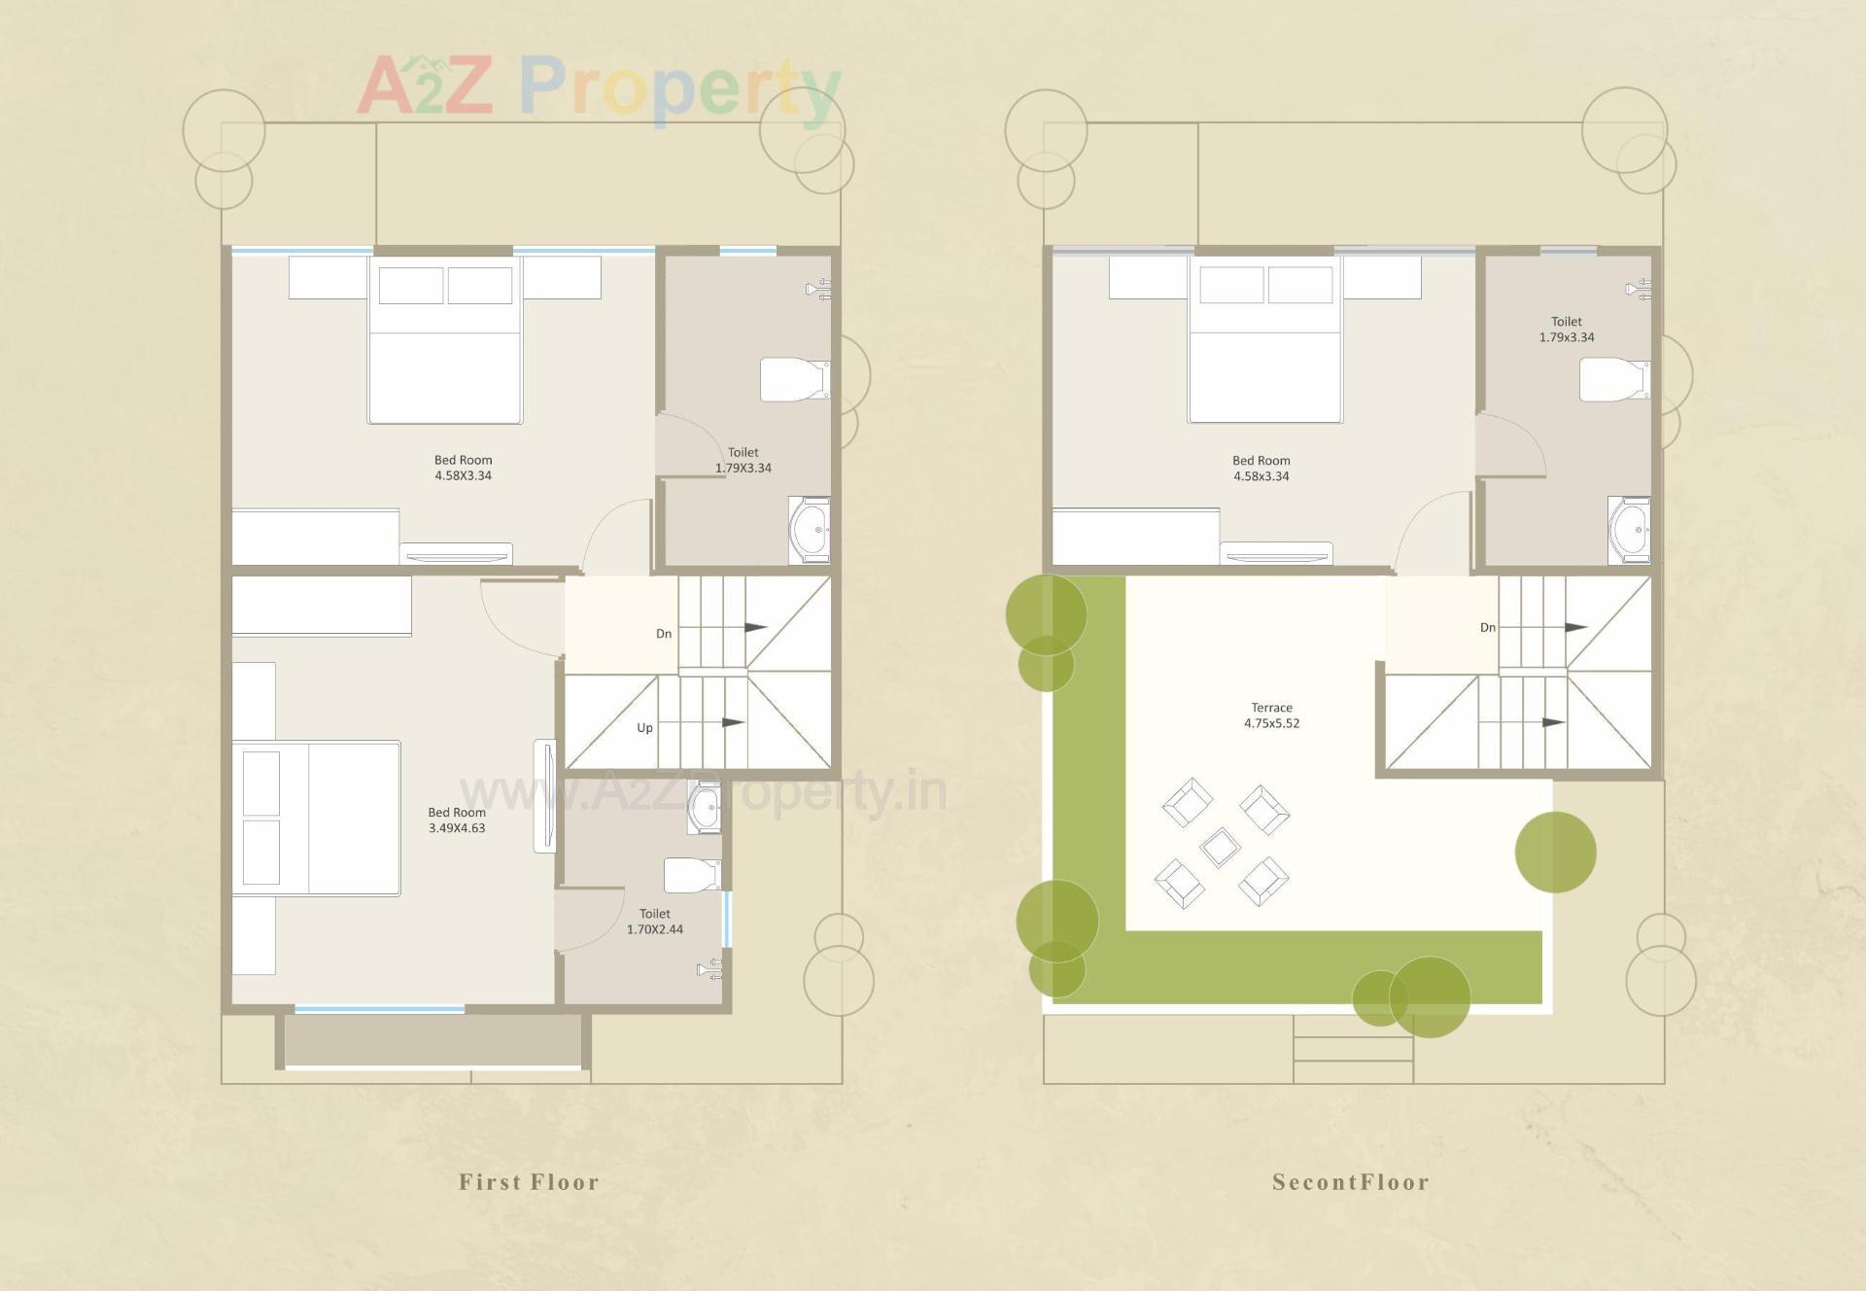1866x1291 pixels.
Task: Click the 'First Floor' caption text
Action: click(529, 1182)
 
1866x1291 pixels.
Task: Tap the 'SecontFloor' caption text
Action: click(1350, 1182)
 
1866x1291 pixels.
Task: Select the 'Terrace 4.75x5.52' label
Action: click(1271, 715)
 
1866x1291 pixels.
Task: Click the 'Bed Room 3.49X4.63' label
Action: click(457, 820)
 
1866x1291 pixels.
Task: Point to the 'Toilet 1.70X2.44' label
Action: click(655, 922)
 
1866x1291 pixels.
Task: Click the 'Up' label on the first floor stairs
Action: click(644, 728)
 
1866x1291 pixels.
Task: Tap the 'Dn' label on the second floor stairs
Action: click(1487, 628)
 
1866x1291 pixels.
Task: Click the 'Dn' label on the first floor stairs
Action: click(664, 634)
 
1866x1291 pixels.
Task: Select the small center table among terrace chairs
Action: click(1220, 847)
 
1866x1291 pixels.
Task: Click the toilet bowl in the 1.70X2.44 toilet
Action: click(691, 874)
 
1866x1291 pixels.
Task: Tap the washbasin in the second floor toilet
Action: click(1629, 530)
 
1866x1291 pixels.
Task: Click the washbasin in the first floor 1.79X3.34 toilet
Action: click(809, 530)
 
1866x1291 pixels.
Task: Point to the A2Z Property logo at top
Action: click(599, 87)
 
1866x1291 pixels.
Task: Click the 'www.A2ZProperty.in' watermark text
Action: click(703, 791)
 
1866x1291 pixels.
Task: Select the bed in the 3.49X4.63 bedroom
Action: click(317, 819)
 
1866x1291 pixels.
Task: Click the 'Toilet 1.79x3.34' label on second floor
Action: click(1566, 330)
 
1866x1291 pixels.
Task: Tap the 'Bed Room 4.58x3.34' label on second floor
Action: click(1261, 469)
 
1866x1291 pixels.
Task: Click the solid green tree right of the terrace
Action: click(1555, 853)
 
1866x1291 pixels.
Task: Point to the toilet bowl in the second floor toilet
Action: click(1612, 379)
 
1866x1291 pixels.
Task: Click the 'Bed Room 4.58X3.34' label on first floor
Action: click(463, 468)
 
